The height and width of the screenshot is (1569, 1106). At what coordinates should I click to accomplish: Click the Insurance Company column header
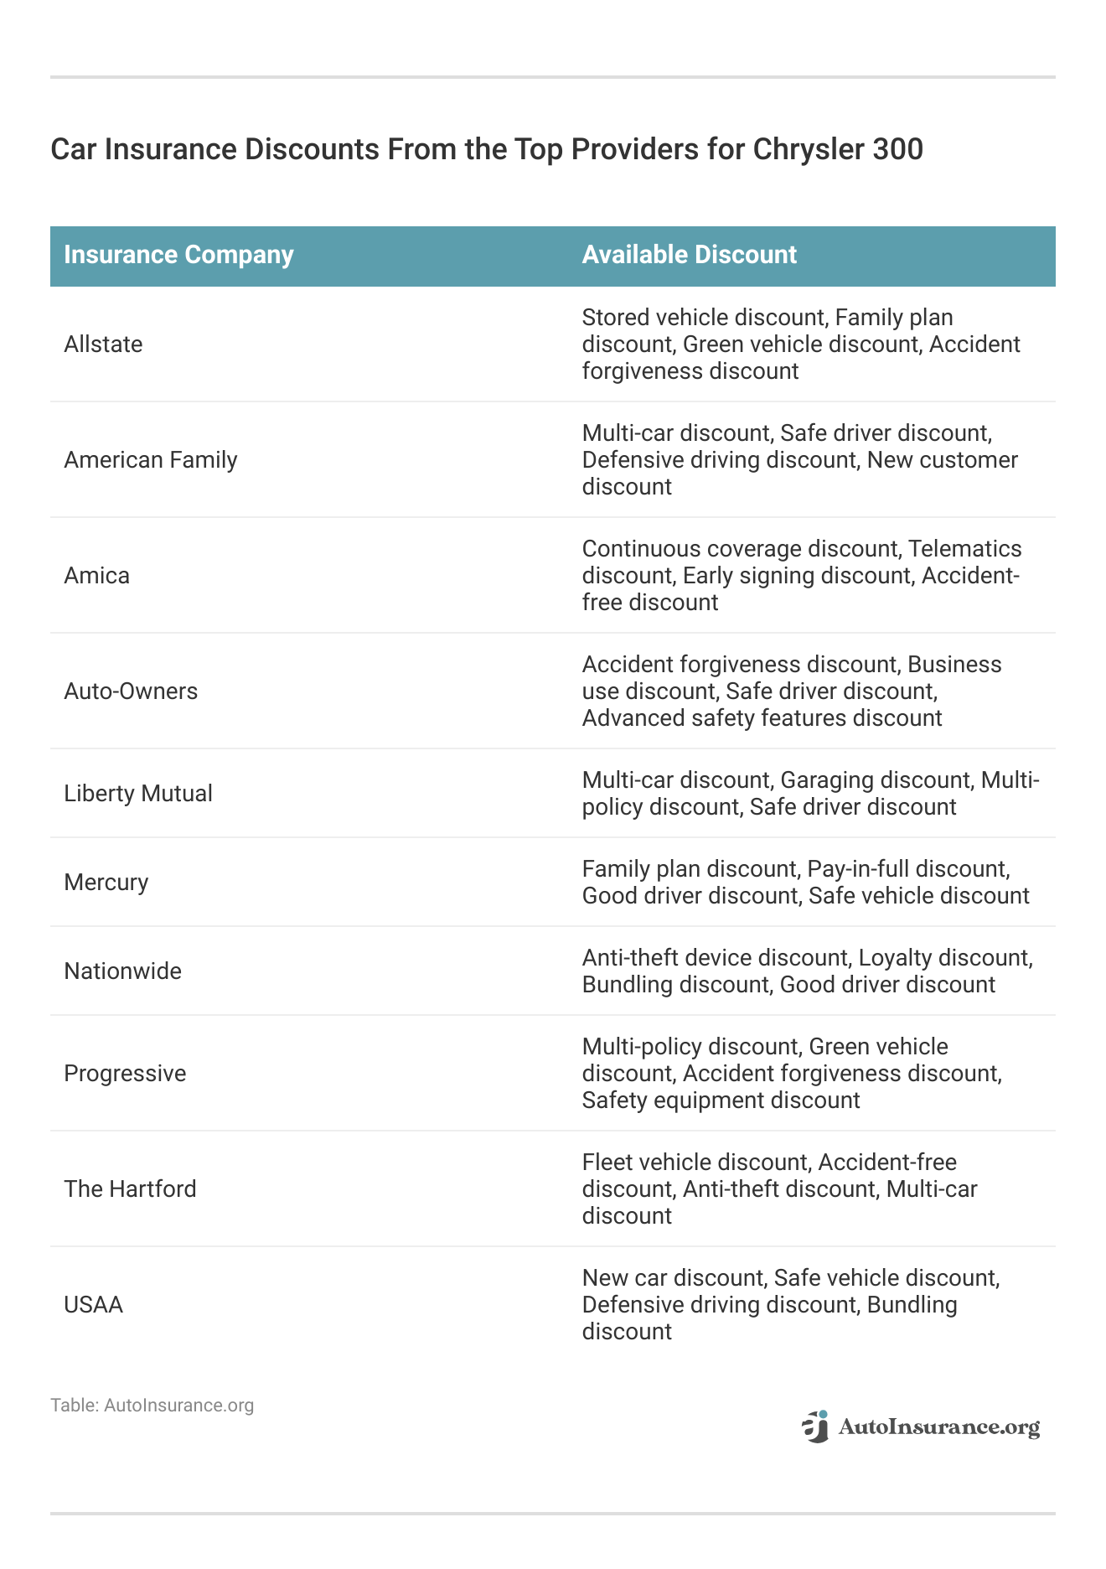[x=178, y=255]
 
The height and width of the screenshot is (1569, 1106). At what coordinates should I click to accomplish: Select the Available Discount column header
[x=689, y=255]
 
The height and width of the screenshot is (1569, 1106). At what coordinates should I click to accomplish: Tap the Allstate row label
[x=103, y=344]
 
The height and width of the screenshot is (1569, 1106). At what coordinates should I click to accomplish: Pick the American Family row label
[x=151, y=459]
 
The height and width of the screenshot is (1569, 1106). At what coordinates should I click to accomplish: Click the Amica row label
[x=97, y=575]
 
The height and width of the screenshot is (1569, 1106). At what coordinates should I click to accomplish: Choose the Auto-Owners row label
[x=131, y=691]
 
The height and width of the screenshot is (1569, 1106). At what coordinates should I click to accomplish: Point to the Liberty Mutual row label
[x=138, y=793]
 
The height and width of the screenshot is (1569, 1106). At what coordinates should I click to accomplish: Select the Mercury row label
[x=106, y=882]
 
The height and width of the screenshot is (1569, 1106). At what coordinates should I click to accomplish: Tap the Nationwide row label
[x=123, y=971]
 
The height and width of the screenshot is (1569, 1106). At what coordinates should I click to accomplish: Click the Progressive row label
[x=125, y=1073]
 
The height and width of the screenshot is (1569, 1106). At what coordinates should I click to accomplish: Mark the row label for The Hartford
[x=130, y=1188]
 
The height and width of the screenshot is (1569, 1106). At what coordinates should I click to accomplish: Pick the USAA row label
[x=94, y=1304]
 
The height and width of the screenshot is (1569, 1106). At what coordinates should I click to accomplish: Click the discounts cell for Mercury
[x=805, y=882]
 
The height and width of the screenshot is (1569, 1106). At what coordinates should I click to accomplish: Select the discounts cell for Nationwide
[x=807, y=971]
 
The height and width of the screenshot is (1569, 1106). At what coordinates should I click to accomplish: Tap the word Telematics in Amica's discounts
[x=964, y=549]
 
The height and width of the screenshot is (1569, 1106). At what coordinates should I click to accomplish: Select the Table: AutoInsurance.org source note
[x=152, y=1405]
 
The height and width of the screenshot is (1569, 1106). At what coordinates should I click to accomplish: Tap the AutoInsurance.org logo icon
[x=815, y=1427]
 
